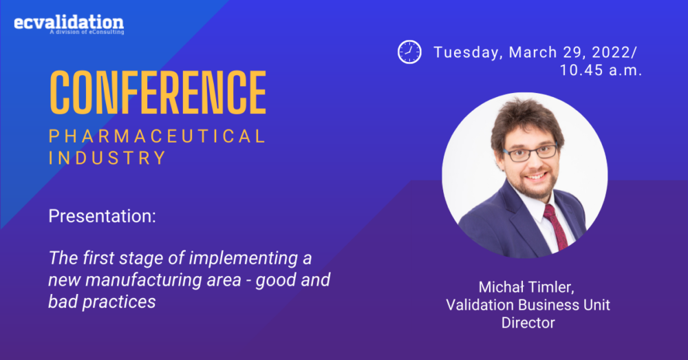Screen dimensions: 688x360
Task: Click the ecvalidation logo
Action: tap(69, 24)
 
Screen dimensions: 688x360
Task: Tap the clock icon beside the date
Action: tap(409, 52)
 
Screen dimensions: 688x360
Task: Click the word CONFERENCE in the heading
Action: tap(158, 92)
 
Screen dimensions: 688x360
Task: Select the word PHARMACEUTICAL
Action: tap(157, 136)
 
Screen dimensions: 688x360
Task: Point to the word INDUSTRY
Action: tap(107, 158)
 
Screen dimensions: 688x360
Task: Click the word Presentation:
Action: tap(103, 216)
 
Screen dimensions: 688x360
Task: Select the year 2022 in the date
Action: tap(611, 52)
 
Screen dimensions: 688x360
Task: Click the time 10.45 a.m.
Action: tap(601, 70)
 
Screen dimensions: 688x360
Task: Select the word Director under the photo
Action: tap(528, 323)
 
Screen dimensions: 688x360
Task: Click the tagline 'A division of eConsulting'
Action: tap(87, 32)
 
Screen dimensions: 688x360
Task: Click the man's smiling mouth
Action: tap(537, 176)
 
